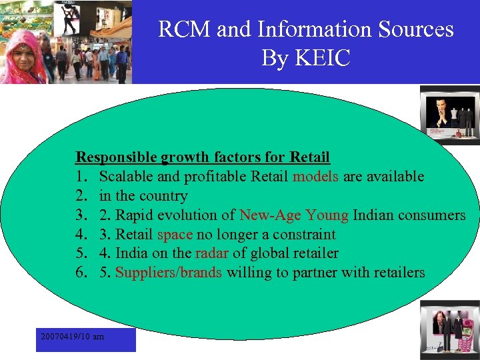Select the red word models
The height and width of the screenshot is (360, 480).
point(316,177)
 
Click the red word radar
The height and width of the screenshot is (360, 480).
point(212,253)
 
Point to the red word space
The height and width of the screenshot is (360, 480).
point(175,234)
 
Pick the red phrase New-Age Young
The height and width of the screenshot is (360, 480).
point(294,215)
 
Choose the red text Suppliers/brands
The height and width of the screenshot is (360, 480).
point(169,273)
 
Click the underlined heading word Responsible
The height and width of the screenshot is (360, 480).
point(116,157)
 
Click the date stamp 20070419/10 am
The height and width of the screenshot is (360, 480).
point(72,337)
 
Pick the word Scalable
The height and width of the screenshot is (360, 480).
point(126,177)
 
